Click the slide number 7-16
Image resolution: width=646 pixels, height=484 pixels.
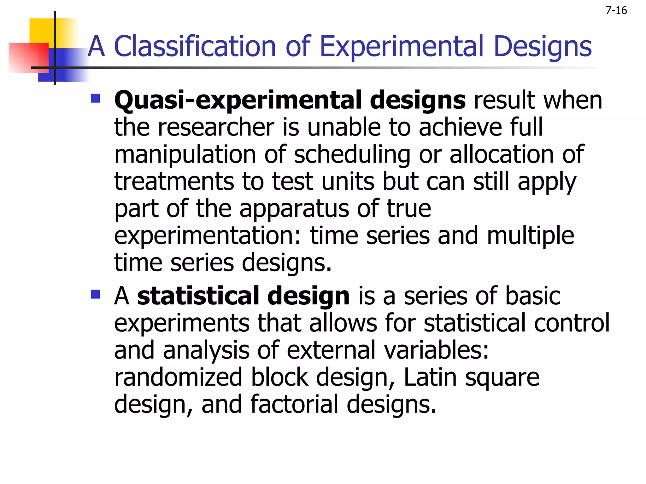click(616, 11)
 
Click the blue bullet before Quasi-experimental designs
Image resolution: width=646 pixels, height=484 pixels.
click(95, 99)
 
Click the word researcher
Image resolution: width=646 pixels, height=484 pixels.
click(216, 127)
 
